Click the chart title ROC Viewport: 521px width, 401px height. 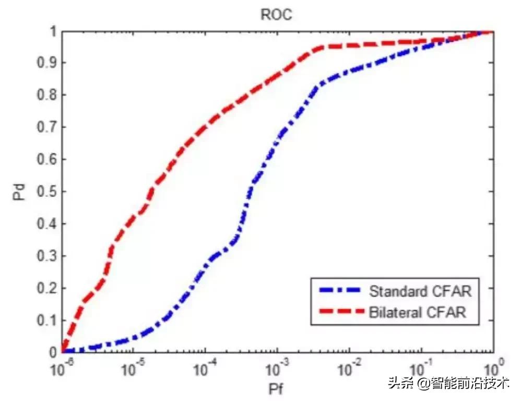(x=276, y=14)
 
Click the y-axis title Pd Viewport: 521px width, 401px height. (x=19, y=191)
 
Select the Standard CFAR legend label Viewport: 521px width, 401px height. (x=420, y=291)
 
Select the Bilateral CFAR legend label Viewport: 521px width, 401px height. (x=417, y=312)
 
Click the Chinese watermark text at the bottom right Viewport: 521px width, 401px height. (x=448, y=384)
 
